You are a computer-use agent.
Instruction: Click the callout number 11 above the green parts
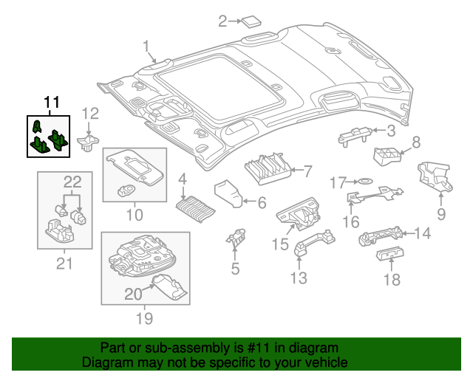(x=50, y=103)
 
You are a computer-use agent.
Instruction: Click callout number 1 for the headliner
(x=146, y=47)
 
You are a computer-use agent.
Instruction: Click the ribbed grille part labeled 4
(x=196, y=205)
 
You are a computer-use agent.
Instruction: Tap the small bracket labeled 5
(x=236, y=238)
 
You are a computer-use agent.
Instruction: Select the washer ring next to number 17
(x=364, y=181)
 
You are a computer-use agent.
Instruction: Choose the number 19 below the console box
(x=143, y=318)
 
